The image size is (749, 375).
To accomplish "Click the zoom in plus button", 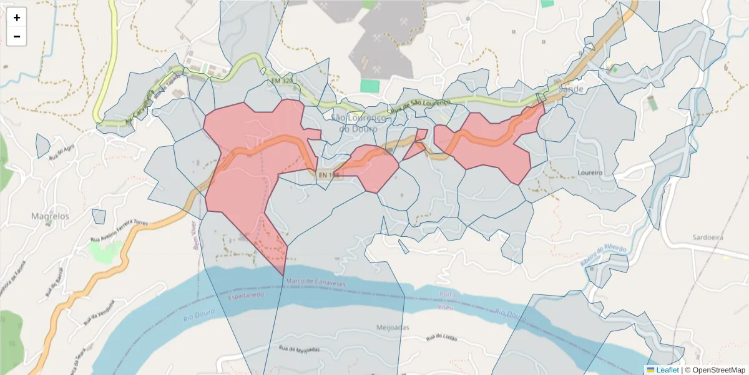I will [17, 17].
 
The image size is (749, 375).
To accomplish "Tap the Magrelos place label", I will [51, 216].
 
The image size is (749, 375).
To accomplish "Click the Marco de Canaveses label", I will [315, 282].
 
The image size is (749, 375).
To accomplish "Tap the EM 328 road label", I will [282, 81].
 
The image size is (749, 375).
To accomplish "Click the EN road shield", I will [327, 176].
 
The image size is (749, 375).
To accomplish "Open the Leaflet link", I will [666, 370].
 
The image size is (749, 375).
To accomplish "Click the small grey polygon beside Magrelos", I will [99, 216].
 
